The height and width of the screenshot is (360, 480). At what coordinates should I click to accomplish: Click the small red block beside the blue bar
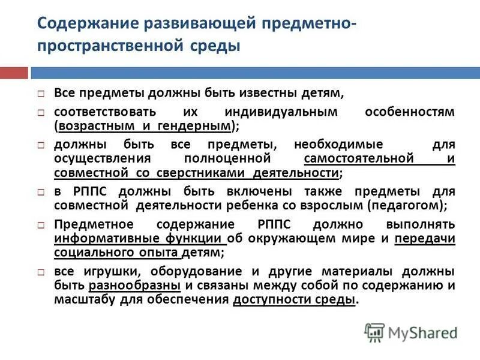(14, 74)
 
